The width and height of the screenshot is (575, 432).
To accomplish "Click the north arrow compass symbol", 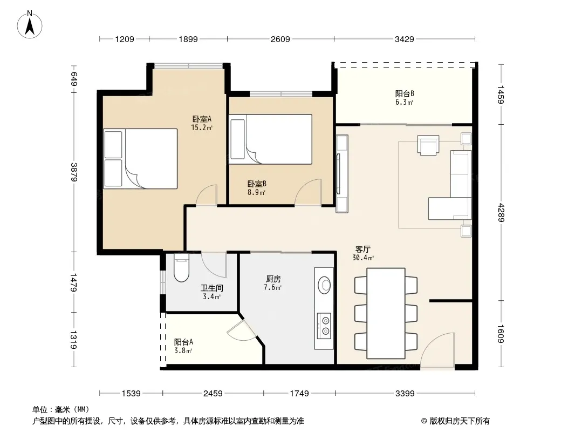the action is pos(30,25).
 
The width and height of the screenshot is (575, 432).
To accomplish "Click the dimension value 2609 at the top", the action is pos(280,39).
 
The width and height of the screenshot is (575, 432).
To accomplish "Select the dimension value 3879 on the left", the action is pos(74,171).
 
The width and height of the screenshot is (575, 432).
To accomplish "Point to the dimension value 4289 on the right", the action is pos(501,213).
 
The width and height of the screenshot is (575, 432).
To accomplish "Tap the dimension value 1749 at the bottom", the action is pos(299,394).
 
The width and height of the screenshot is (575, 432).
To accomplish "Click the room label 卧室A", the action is pos(202,119).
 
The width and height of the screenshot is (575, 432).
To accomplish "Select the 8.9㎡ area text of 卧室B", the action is pos(256,192).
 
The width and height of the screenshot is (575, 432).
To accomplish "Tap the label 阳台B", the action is pos(405,93).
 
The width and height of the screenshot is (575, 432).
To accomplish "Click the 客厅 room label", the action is pos(362,249).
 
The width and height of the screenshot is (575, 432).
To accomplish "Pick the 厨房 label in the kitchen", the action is pos(273,279).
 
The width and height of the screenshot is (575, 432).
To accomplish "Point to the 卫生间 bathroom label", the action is pos(211,288).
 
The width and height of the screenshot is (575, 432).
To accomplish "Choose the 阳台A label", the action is pos(183,342).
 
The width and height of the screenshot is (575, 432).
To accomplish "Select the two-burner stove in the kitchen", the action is pos(324,325).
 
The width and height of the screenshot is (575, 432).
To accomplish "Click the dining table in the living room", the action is pos(386,313).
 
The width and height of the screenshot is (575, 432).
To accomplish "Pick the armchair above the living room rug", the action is pos(428,145).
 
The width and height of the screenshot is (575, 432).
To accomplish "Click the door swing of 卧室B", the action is pos(308,192).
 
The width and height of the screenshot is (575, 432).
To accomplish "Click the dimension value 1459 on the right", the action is pos(501,94).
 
